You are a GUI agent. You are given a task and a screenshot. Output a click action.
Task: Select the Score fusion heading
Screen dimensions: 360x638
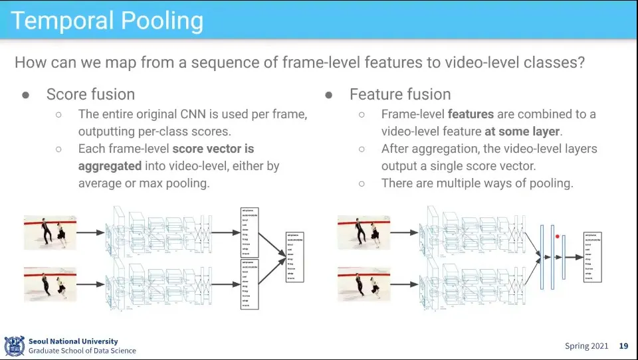(x=90, y=94)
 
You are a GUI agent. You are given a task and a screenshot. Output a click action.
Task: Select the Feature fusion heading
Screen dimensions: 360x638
(x=400, y=94)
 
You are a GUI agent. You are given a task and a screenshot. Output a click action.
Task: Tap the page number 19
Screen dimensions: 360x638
(x=623, y=346)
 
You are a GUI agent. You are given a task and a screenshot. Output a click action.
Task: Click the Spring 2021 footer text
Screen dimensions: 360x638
(x=586, y=346)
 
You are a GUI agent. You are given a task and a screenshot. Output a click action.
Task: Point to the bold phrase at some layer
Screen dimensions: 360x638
(x=523, y=132)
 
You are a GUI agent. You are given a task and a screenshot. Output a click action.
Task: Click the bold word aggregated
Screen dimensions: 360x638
(x=110, y=165)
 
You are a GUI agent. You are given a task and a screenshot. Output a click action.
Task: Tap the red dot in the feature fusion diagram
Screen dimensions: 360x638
(x=557, y=236)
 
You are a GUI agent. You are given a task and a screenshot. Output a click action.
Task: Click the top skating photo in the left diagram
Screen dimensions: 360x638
(x=51, y=232)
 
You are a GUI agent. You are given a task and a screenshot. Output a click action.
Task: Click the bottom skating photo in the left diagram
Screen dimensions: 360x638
(x=51, y=284)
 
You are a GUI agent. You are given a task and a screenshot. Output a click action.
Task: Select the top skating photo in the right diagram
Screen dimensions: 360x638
(x=364, y=232)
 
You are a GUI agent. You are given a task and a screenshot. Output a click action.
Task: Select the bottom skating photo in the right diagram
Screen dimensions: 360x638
(x=364, y=284)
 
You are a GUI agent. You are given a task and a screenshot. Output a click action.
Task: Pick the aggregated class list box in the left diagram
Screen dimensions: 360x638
(x=294, y=256)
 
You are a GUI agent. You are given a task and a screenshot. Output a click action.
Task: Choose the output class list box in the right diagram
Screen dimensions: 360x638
(x=591, y=256)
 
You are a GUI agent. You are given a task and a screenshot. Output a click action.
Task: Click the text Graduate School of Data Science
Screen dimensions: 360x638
(x=82, y=351)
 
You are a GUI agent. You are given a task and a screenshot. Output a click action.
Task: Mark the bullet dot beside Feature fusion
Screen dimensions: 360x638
(x=328, y=95)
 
